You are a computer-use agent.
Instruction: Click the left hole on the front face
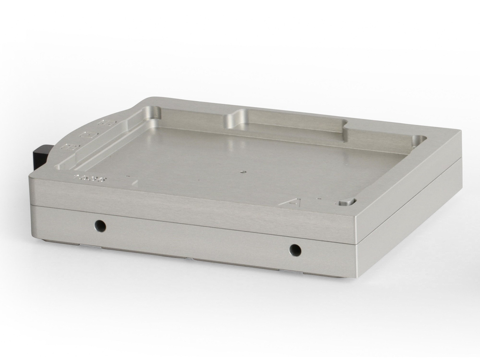(99, 226)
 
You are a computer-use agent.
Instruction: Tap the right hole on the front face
(295, 250)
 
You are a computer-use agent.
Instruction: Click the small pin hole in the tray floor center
(242, 172)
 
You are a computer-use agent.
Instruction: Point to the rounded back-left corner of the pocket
(153, 113)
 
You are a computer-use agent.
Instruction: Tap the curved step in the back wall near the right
(345, 127)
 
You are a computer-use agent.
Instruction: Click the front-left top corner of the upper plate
(32, 176)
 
